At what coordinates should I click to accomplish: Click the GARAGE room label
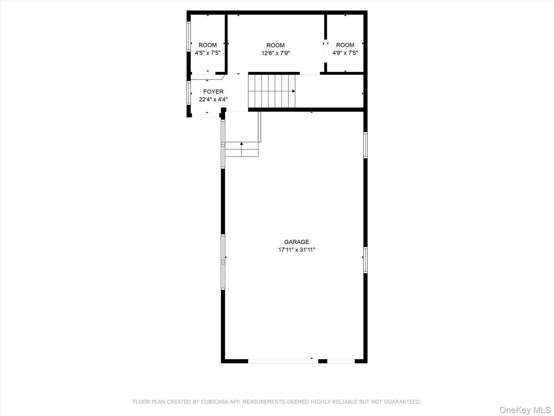point(296,242)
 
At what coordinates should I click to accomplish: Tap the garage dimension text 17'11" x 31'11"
point(296,250)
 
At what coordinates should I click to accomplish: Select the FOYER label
point(213,92)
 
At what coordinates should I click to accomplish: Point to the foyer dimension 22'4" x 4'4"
point(213,99)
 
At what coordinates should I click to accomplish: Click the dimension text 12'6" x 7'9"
point(275,53)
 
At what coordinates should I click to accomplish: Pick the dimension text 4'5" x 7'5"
point(207,53)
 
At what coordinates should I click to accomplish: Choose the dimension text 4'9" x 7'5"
point(345,53)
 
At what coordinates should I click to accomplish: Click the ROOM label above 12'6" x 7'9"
point(275,45)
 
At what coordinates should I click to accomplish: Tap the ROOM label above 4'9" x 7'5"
point(345,45)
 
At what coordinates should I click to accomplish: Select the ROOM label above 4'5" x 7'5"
point(207,45)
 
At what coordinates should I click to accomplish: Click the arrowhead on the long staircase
point(294,91)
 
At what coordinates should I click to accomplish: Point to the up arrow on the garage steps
point(241,144)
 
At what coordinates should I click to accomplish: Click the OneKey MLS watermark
point(525,410)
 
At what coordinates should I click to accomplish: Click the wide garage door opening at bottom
point(283,361)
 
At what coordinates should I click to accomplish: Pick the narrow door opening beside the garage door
point(341,361)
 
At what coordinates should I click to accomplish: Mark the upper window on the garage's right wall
point(365,145)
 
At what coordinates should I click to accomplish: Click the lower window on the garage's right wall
point(365,260)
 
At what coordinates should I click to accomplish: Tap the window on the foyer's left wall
point(189,93)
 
